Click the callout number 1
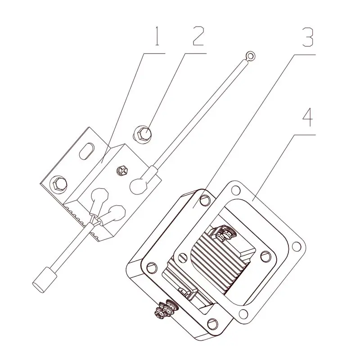(x=157, y=36)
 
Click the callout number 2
(x=198, y=36)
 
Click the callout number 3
(x=308, y=37)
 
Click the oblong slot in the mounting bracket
(x=86, y=151)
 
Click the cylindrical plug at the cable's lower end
(x=45, y=280)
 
